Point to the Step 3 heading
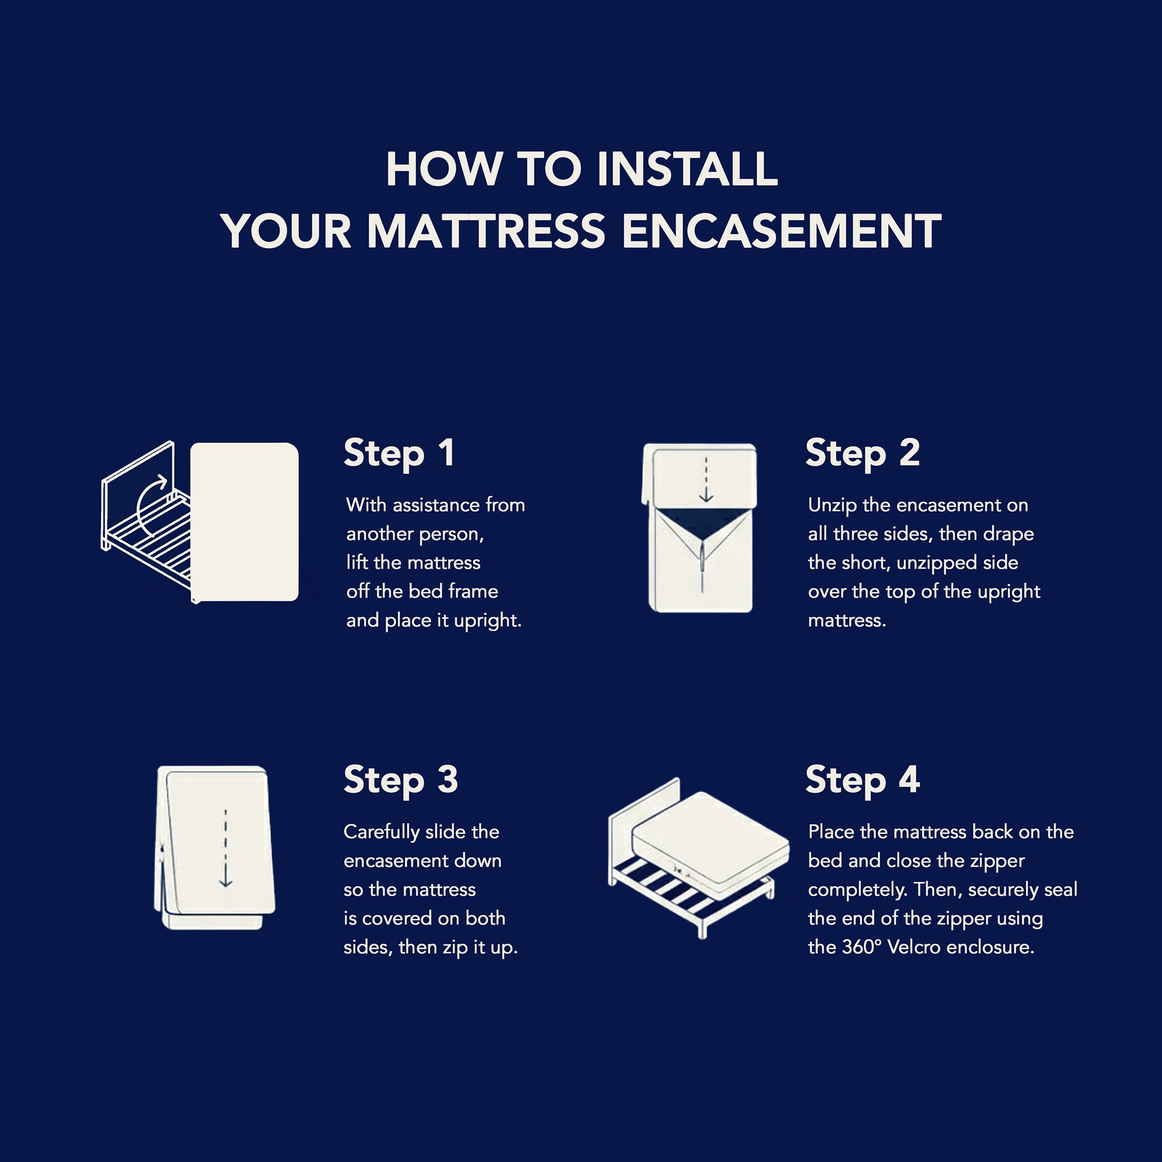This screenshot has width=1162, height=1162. tap(401, 781)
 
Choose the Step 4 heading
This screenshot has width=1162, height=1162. tap(862, 781)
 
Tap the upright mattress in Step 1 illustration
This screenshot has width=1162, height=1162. tap(244, 522)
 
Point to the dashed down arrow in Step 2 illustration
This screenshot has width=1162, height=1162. tap(706, 479)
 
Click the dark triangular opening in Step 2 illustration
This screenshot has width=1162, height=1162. tap(702, 522)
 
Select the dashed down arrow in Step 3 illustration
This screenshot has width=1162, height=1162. tap(225, 848)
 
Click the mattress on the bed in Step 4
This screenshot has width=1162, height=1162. tap(710, 839)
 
